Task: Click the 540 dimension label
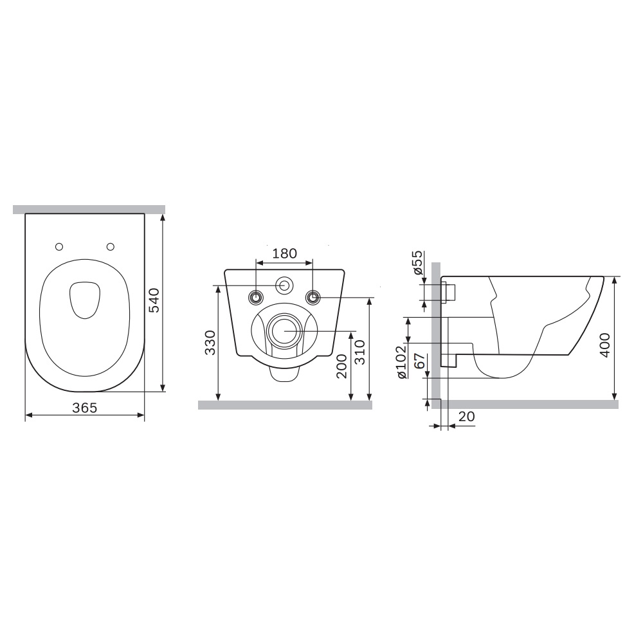pos(154,300)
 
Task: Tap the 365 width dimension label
pos(85,408)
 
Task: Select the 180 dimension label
pos(285,253)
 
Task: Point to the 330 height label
pos(210,343)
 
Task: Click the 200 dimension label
pos(341,366)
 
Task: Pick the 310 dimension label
pos(359,352)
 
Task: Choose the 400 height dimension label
pos(605,345)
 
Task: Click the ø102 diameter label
pos(401,362)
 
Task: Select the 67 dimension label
pos(419,361)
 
